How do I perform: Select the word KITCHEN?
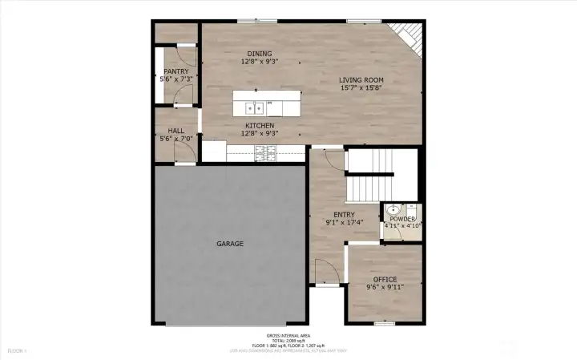260,126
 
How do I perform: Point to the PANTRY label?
176,71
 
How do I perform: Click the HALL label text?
176,131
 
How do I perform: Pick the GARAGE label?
230,243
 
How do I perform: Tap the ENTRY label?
344,214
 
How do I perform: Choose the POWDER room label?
402,219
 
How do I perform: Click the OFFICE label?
385,279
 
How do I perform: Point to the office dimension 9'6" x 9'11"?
385,287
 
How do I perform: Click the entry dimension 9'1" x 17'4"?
344,222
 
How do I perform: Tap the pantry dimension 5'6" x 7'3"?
176,79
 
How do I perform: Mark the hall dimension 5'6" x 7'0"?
176,140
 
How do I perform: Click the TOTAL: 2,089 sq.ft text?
288,340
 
